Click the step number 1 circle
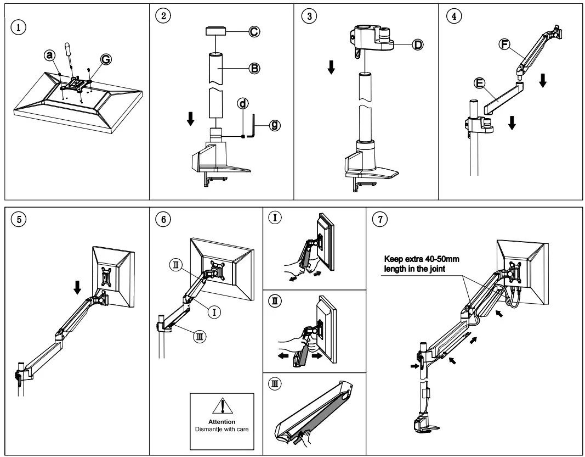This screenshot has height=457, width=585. point(20,26)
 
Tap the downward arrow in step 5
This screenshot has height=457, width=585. point(77,285)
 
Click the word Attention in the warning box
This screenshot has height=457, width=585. point(222,421)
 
